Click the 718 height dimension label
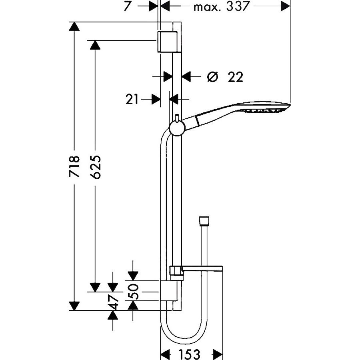coord(74,166)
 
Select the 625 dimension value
coord(96,167)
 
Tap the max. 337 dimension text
coord(221,6)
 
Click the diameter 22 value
coord(235,77)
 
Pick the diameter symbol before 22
coord(212,77)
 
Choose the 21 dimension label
coord(132,100)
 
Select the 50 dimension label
coord(133,292)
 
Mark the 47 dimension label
coord(113,302)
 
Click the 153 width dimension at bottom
coord(190,354)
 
